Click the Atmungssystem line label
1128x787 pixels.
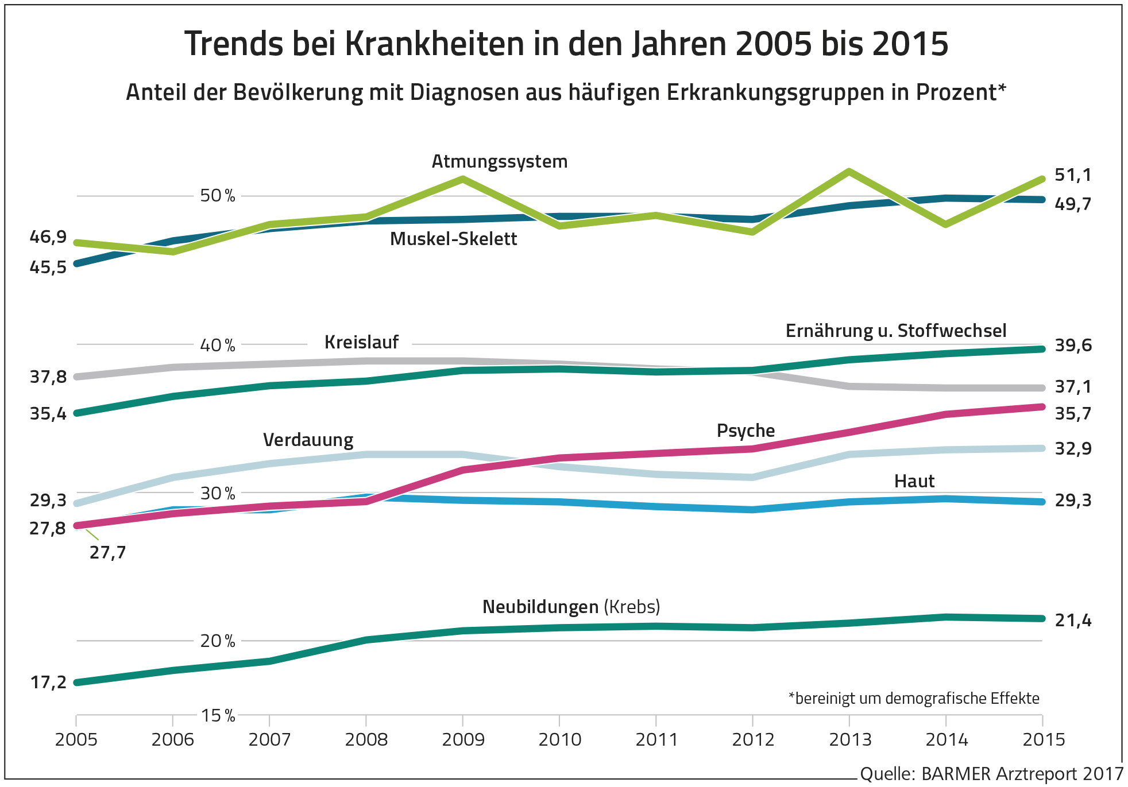[x=499, y=162]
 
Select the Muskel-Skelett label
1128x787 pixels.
[x=453, y=239]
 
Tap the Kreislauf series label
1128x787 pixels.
[x=361, y=342]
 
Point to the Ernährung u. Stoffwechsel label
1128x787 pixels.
[x=895, y=331]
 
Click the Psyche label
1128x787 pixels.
[x=745, y=431]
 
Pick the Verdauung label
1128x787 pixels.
[x=308, y=440]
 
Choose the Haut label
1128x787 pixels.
[x=914, y=481]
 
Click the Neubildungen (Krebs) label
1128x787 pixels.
[x=571, y=607]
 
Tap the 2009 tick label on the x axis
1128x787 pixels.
[x=463, y=739]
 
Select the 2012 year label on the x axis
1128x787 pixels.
[x=753, y=739]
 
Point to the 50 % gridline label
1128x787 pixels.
[x=217, y=196]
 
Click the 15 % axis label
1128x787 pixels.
[x=218, y=715]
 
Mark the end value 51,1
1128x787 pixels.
[x=1072, y=175]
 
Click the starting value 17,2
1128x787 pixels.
[x=48, y=683]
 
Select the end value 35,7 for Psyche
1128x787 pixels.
[x=1072, y=414]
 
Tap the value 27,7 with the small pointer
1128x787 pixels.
[x=107, y=553]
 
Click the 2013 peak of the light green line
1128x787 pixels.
[x=849, y=171]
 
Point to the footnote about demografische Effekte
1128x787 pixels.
[x=914, y=699]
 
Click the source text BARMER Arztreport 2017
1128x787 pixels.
[x=1022, y=774]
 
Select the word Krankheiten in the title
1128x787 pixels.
[x=434, y=44]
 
